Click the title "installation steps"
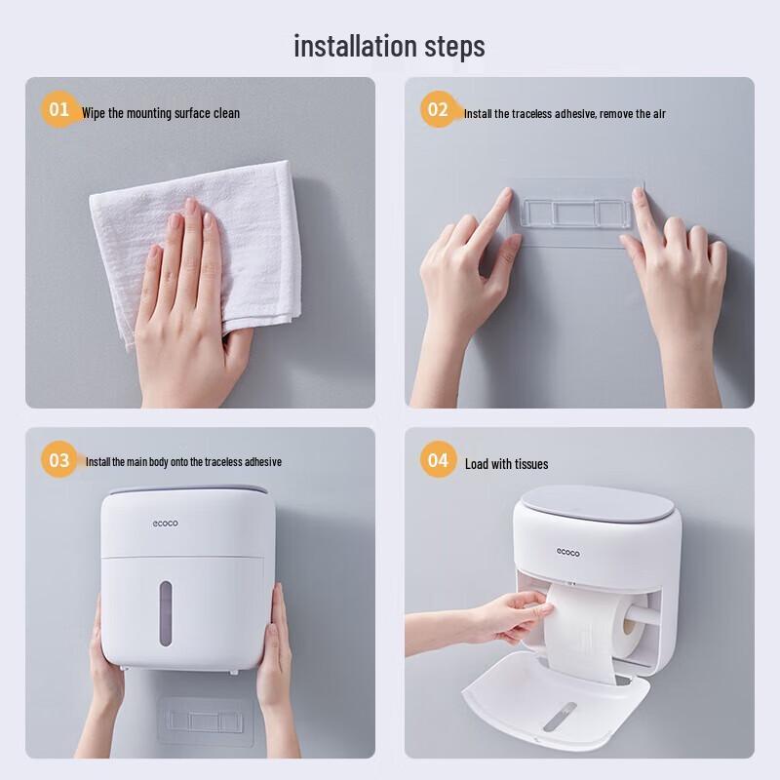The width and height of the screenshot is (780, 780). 389,46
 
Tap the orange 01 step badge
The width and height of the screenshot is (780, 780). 60,109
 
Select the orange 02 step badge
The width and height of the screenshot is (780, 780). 438,109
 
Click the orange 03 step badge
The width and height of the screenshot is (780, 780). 60,459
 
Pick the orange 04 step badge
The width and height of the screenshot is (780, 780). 438,459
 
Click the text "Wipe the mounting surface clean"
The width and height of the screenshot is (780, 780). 161,113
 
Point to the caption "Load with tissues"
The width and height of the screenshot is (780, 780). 506,464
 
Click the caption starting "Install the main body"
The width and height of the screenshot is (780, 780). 183,462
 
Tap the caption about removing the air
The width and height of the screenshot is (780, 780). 565,114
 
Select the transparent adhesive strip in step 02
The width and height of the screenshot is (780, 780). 570,213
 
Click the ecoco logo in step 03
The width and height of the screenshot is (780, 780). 165,524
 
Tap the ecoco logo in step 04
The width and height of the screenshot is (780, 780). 567,553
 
